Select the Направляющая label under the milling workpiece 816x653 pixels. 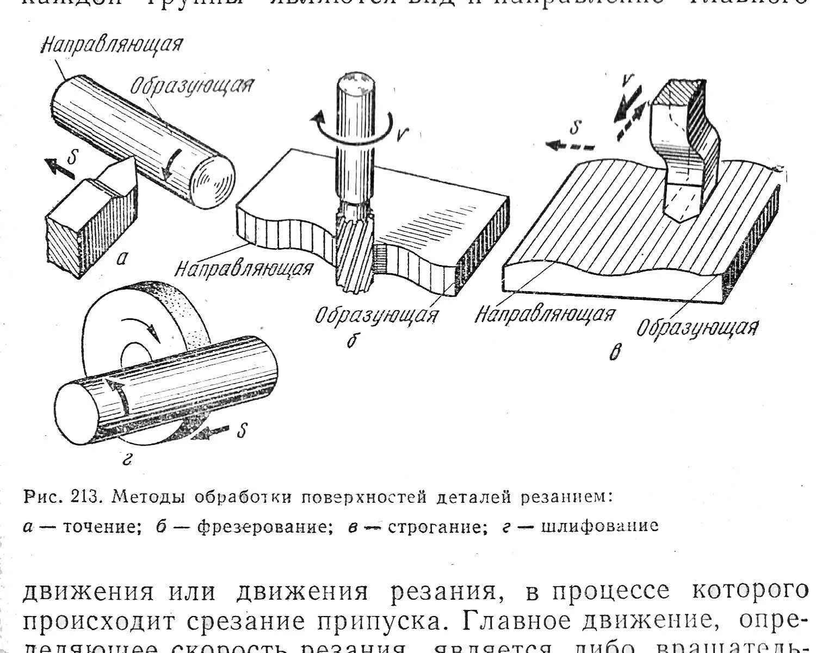point(244,268)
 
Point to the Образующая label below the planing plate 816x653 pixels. point(698,326)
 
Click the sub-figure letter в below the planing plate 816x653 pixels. point(614,354)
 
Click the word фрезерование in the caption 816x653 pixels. point(264,526)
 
